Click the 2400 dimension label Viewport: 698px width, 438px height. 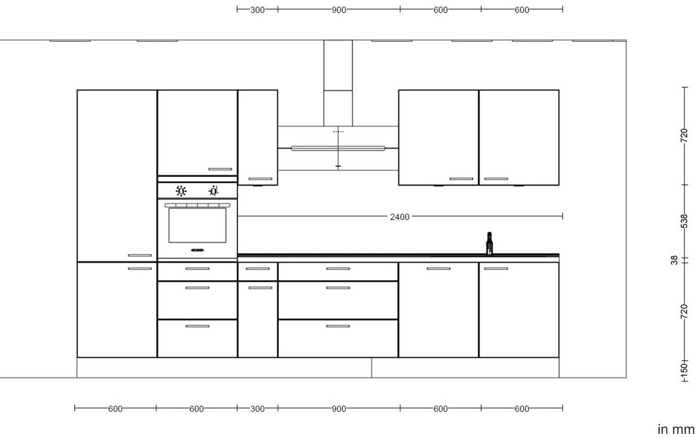(x=399, y=217)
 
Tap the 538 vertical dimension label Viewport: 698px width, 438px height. (x=684, y=221)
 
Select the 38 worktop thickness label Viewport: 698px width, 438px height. (x=674, y=260)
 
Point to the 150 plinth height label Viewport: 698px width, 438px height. (x=684, y=368)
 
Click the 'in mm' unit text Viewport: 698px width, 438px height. (x=676, y=429)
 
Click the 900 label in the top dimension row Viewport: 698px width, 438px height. (x=339, y=10)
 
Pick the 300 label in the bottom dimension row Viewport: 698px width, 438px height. (x=257, y=409)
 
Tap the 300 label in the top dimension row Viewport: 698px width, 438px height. (x=257, y=10)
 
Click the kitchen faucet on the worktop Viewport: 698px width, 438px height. (x=489, y=244)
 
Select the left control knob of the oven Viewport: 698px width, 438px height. (x=181, y=191)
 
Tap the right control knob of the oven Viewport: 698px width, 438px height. (x=213, y=191)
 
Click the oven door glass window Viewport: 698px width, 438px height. (x=197, y=226)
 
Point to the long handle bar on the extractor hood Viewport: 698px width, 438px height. (x=338, y=148)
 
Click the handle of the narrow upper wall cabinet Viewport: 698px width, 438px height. (x=261, y=179)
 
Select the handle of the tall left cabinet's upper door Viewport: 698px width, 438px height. (x=140, y=255)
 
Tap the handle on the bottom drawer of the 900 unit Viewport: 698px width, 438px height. (x=338, y=326)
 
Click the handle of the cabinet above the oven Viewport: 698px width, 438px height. (x=220, y=169)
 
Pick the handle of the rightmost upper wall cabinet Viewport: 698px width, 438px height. (x=496, y=179)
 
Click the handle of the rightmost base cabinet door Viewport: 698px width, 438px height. (x=496, y=269)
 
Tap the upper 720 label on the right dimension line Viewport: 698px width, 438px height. (x=684, y=135)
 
